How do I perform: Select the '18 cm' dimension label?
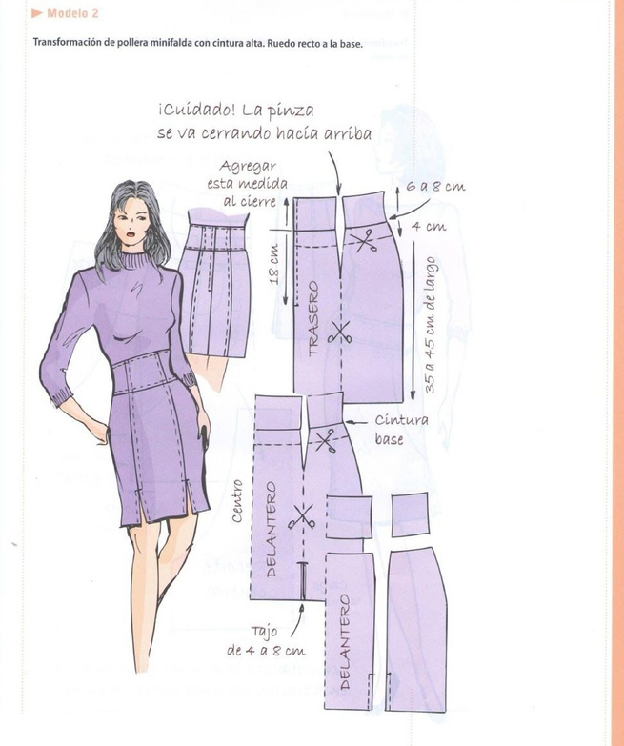tap(275, 265)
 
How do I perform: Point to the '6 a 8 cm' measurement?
tap(435, 187)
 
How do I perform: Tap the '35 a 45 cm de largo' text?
tap(430, 326)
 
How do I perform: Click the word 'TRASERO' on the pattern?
tap(312, 318)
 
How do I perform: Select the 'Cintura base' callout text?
tap(401, 430)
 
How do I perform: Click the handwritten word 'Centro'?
tap(237, 501)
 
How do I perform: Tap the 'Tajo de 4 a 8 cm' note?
tap(266, 641)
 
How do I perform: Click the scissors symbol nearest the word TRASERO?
tap(339, 333)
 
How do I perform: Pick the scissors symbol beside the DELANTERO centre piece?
tap(301, 517)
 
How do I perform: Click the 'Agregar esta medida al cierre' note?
tap(247, 184)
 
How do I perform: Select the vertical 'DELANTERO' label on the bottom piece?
tap(345, 641)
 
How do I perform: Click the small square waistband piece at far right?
tap(410, 514)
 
